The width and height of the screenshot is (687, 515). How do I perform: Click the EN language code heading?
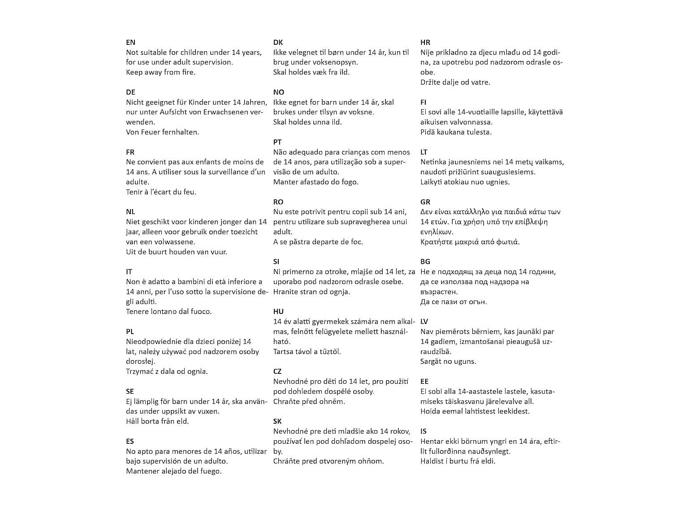tap(130, 43)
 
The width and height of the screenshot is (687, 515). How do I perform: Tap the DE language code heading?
tap(130, 92)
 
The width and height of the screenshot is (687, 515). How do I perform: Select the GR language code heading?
tap(425, 202)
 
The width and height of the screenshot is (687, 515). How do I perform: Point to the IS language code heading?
tap(423, 431)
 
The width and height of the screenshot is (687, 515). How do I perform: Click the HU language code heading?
tap(278, 312)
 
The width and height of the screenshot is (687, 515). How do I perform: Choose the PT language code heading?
tap(277, 142)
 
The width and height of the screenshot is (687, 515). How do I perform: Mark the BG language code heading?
tap(425, 262)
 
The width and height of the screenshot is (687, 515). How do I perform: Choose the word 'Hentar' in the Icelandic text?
tap(432, 442)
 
